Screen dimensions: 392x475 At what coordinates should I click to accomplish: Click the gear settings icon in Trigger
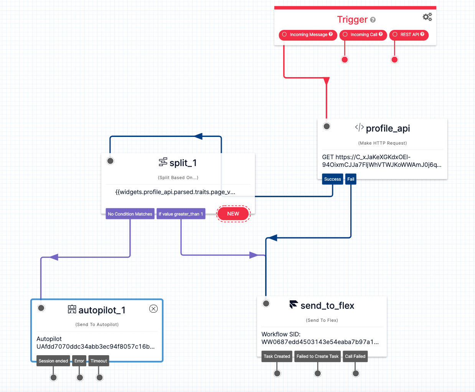coord(427,17)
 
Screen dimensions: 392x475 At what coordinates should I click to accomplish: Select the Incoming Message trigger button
coord(308,35)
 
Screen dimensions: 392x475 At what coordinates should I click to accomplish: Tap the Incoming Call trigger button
coord(363,35)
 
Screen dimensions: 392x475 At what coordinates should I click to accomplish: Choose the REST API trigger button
coord(409,35)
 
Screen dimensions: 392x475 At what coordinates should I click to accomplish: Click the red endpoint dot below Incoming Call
coord(345,59)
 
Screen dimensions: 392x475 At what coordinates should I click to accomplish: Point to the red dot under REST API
coord(394,59)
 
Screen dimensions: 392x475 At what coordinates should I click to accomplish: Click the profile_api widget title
coord(388,128)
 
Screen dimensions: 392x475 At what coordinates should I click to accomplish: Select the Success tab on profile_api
coord(332,179)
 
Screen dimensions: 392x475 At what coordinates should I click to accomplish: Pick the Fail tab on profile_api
coord(351,179)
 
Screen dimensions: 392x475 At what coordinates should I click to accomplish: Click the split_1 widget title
coord(183,163)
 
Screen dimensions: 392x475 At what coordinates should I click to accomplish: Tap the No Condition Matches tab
coord(130,214)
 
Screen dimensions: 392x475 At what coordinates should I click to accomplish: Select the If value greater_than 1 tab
coord(181,214)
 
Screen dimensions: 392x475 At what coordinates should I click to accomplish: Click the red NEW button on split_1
coord(233,214)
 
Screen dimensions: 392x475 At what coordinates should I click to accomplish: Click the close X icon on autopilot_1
coord(153,309)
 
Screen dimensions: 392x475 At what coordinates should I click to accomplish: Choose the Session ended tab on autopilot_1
coord(53,361)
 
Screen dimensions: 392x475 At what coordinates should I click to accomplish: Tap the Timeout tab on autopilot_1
coord(99,361)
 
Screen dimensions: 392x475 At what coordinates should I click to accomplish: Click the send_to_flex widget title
coord(327,306)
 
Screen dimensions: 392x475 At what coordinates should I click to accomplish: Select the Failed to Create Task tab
coord(317,356)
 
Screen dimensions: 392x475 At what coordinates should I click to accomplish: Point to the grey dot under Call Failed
coord(356,373)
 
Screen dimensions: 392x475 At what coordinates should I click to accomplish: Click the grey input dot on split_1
coord(111,161)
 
